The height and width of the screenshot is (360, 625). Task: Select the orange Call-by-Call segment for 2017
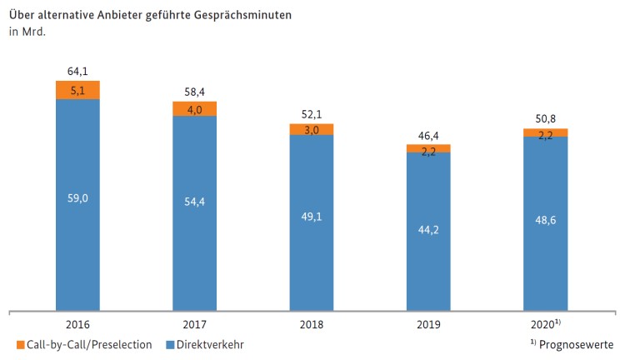(x=194, y=109)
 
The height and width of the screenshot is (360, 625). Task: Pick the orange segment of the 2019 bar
(x=428, y=148)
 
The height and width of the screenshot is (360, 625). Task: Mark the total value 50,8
(x=545, y=118)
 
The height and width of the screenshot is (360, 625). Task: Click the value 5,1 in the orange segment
(x=77, y=90)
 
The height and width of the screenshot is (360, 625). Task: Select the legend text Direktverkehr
(x=212, y=344)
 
